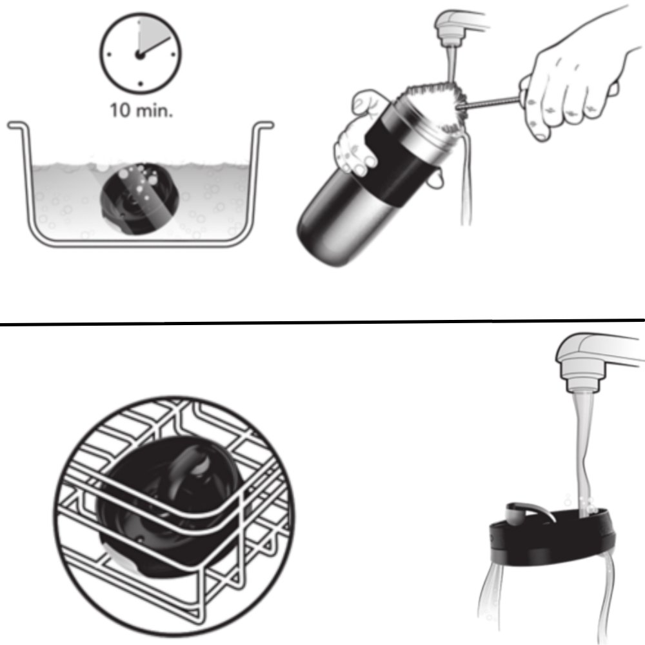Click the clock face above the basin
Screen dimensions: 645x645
click(140, 54)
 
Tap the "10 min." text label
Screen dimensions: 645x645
click(141, 111)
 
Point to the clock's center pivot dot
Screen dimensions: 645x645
click(140, 54)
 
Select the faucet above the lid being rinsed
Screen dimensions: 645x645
click(597, 362)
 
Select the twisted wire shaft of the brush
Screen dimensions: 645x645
click(490, 102)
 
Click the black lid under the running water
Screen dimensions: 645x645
click(552, 535)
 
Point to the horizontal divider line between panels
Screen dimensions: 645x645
click(322, 322)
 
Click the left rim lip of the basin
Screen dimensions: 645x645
click(19, 124)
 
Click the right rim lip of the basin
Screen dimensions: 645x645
click(263, 124)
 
